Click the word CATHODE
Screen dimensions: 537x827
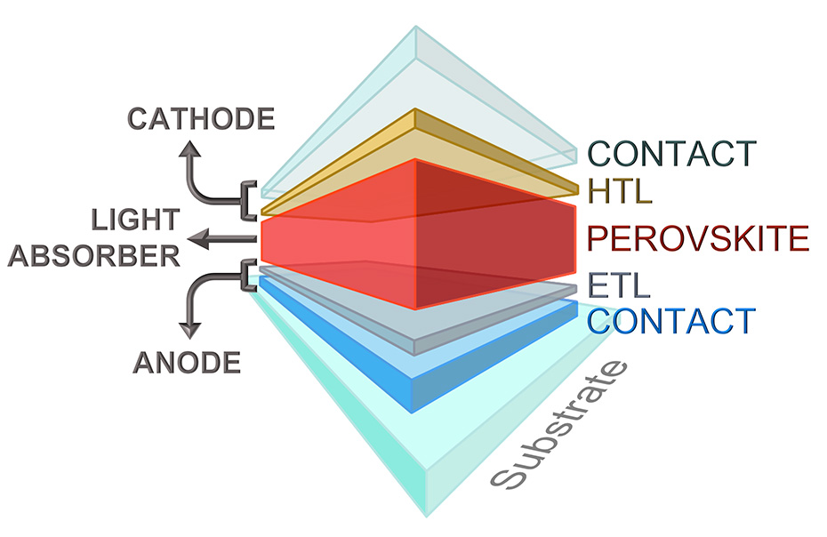(x=201, y=118)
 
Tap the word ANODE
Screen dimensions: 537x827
(x=188, y=362)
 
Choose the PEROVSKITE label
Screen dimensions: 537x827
(x=699, y=238)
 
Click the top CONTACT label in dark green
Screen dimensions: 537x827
(x=671, y=153)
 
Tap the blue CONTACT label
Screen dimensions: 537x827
(x=671, y=320)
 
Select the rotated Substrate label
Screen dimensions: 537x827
(x=561, y=427)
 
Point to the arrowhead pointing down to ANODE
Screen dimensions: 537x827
(x=189, y=330)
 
